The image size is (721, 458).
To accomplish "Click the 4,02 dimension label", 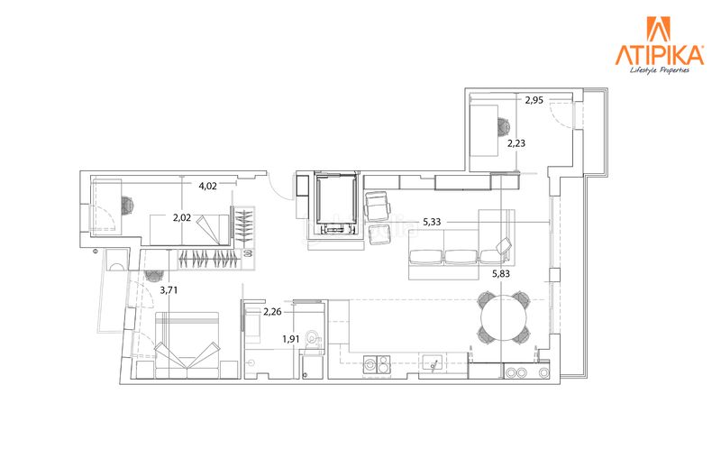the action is tap(207, 186).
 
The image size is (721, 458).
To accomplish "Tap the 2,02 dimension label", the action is tap(182, 217).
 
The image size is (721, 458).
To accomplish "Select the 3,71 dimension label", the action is tap(169, 290).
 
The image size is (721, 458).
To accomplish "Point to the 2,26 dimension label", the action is tap(272, 312).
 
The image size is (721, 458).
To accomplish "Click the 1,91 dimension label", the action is tap(291, 339).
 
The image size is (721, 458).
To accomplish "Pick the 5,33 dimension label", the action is tap(432, 222).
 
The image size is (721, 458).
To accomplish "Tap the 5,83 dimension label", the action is tap(501, 274).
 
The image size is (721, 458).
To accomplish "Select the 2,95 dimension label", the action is tap(534, 100).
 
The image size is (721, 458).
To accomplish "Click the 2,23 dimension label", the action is tap(516, 143).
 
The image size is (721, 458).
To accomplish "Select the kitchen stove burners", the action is tap(377, 364).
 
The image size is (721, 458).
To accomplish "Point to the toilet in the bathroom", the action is tap(315, 338).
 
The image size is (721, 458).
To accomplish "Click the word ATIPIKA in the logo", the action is tap(660, 55).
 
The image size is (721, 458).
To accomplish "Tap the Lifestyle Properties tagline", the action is tap(660, 70).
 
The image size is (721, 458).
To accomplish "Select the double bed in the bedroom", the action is tap(187, 345).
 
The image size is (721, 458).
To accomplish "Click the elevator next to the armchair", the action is tap(335, 203).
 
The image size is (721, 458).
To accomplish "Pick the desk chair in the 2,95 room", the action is tap(504, 126).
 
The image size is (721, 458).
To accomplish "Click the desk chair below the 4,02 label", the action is tap(127, 206).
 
